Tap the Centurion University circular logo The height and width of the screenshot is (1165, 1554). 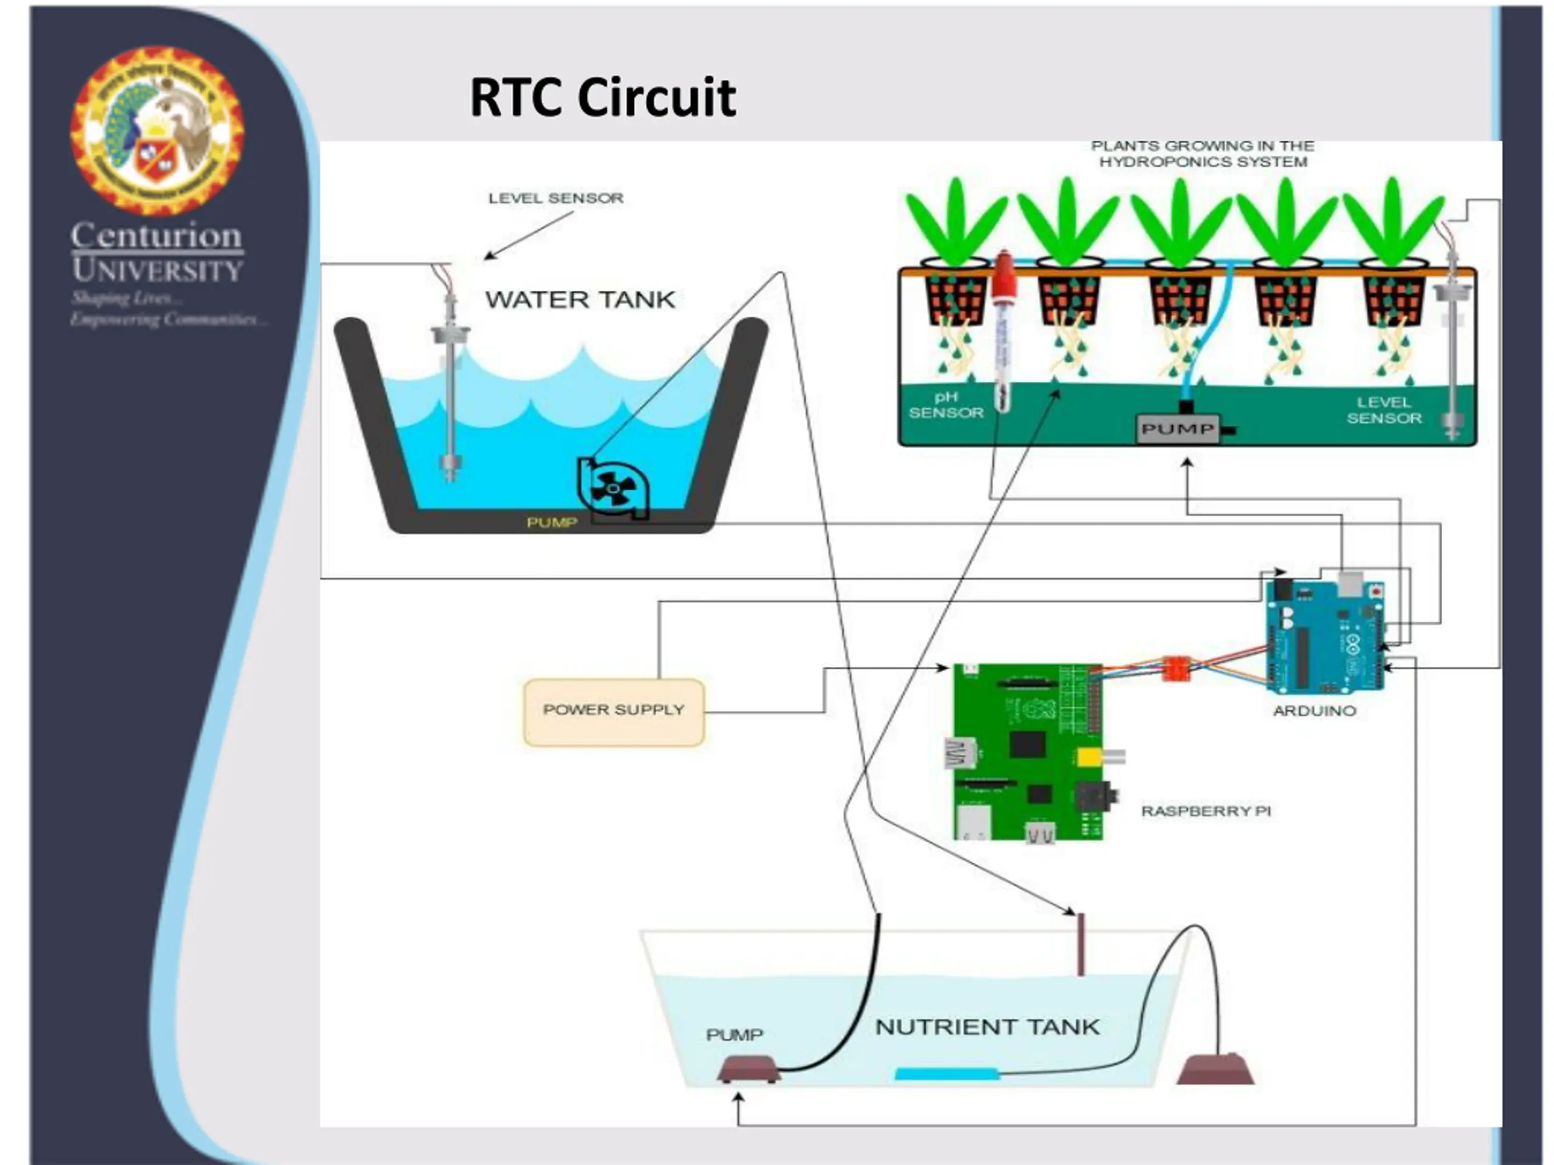157,130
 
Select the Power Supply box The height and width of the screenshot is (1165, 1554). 613,711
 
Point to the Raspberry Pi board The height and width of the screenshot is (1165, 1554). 1028,751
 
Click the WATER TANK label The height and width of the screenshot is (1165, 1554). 580,300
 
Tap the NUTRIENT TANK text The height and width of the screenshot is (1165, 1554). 987,1027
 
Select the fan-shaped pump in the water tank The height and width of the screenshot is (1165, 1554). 612,488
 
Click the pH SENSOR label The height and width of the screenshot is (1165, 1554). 946,405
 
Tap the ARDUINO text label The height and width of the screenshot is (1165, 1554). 1314,711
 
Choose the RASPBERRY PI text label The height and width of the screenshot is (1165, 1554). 1206,811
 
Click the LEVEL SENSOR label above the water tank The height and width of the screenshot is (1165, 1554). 555,198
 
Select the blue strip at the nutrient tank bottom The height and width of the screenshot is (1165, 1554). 946,1074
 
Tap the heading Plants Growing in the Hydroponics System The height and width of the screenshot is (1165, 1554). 1203,154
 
